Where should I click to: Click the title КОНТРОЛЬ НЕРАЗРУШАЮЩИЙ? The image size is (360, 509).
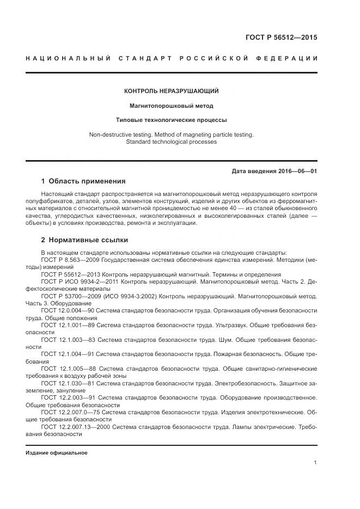tap(172, 91)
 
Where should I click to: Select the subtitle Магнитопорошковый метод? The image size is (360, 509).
tap(171, 106)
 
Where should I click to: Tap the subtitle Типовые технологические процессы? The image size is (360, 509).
tap(171, 120)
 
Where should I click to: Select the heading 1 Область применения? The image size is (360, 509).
tap(83, 181)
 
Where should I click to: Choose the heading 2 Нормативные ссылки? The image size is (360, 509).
tap(85, 240)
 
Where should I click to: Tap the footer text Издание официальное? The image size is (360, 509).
tap(56, 453)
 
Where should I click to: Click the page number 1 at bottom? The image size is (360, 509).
tap(315, 463)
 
